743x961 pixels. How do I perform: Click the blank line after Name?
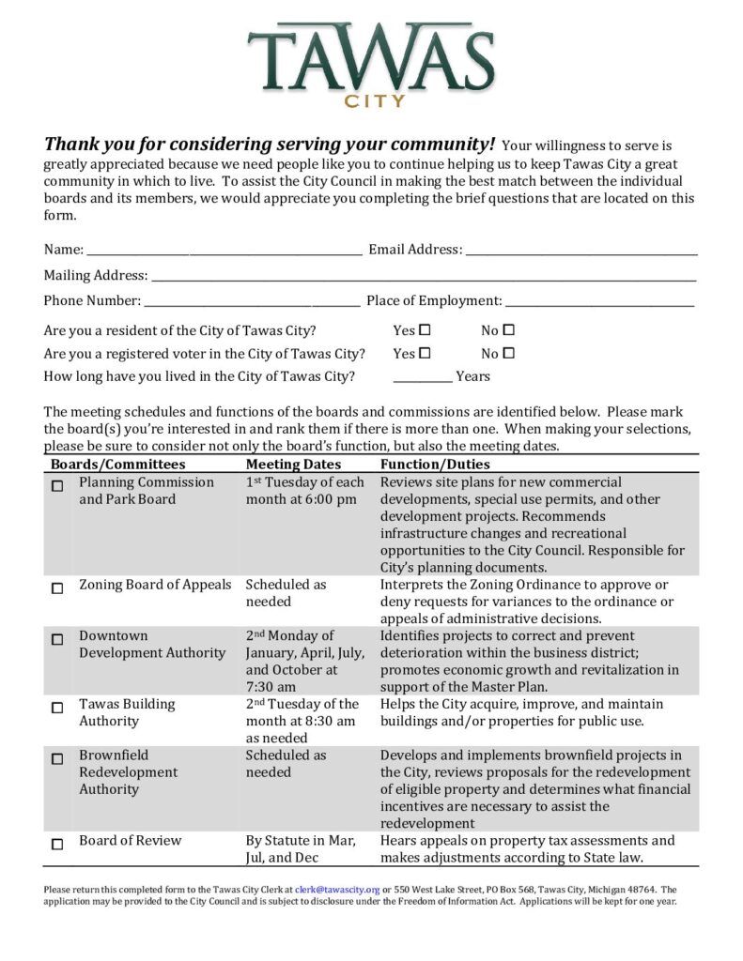pyautogui.click(x=224, y=251)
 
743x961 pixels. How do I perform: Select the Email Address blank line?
pyautogui.click(x=581, y=251)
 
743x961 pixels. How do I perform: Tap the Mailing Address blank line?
pyautogui.click(x=424, y=276)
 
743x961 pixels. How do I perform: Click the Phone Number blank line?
pyautogui.click(x=252, y=301)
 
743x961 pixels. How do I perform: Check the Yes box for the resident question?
pyautogui.click(x=425, y=330)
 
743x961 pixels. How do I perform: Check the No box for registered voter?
pyautogui.click(x=509, y=354)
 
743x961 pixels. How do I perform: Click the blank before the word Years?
pyautogui.click(x=422, y=377)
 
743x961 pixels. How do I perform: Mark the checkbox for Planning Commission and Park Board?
pyautogui.click(x=57, y=486)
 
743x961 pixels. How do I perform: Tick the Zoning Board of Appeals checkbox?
pyautogui.click(x=57, y=588)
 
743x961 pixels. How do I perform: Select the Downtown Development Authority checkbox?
pyautogui.click(x=57, y=639)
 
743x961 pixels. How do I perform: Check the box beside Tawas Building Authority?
pyautogui.click(x=57, y=708)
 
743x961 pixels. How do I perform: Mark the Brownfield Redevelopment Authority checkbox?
pyautogui.click(x=57, y=758)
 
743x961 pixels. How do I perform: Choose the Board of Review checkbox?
pyautogui.click(x=57, y=844)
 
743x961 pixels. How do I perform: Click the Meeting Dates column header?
pyautogui.click(x=293, y=465)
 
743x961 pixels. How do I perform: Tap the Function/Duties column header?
pyautogui.click(x=435, y=465)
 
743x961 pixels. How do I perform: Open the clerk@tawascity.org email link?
pyautogui.click(x=337, y=890)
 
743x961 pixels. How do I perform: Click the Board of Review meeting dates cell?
pyautogui.click(x=301, y=849)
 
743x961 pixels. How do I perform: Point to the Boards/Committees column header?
pyautogui.click(x=118, y=465)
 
